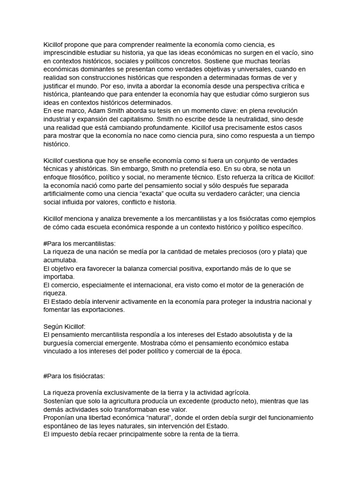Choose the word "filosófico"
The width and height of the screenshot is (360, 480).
[87, 177]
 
